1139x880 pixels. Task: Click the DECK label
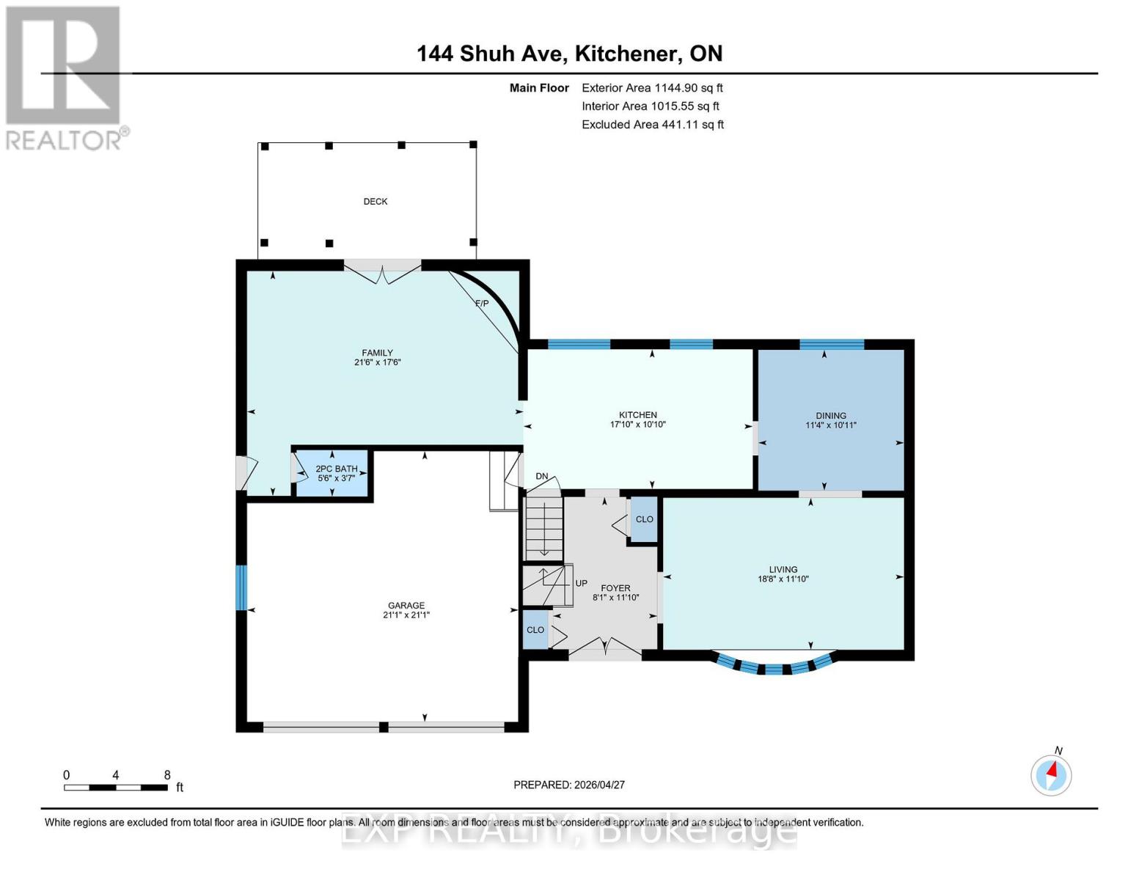375,202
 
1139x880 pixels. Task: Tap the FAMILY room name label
377,353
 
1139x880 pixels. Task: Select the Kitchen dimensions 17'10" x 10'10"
637,425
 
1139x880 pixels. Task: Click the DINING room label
830,416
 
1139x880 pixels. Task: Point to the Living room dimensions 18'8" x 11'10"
783,579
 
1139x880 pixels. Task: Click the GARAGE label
406,606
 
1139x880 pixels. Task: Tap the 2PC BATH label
336,469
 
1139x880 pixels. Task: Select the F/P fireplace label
482,304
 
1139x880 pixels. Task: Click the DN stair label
542,477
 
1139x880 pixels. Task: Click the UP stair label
581,584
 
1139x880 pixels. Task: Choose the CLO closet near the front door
535,630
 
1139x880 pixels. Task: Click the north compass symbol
1051,774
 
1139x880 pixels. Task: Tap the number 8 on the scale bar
167,775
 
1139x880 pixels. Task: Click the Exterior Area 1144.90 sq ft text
652,88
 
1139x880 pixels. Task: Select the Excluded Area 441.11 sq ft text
652,125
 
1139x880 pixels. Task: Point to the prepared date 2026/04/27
569,785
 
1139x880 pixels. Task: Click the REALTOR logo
65,77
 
